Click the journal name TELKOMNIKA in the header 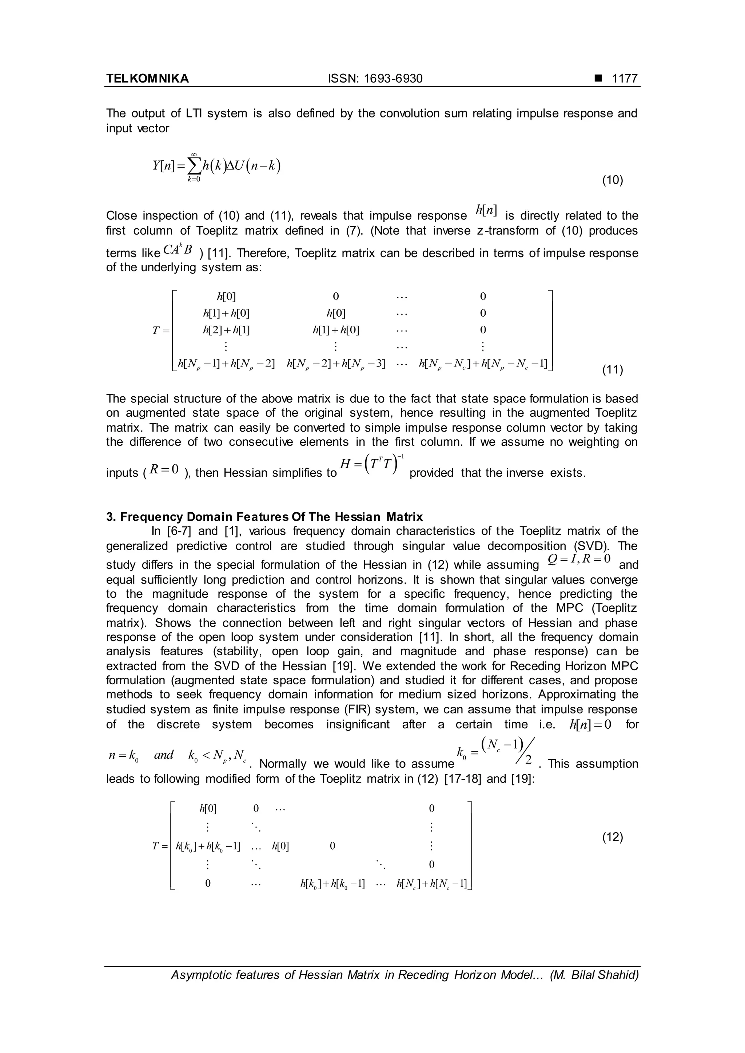147,79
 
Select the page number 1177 624,79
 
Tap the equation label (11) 613,370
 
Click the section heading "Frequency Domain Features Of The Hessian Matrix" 271,517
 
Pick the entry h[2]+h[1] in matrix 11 226,330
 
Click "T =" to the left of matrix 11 161,330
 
